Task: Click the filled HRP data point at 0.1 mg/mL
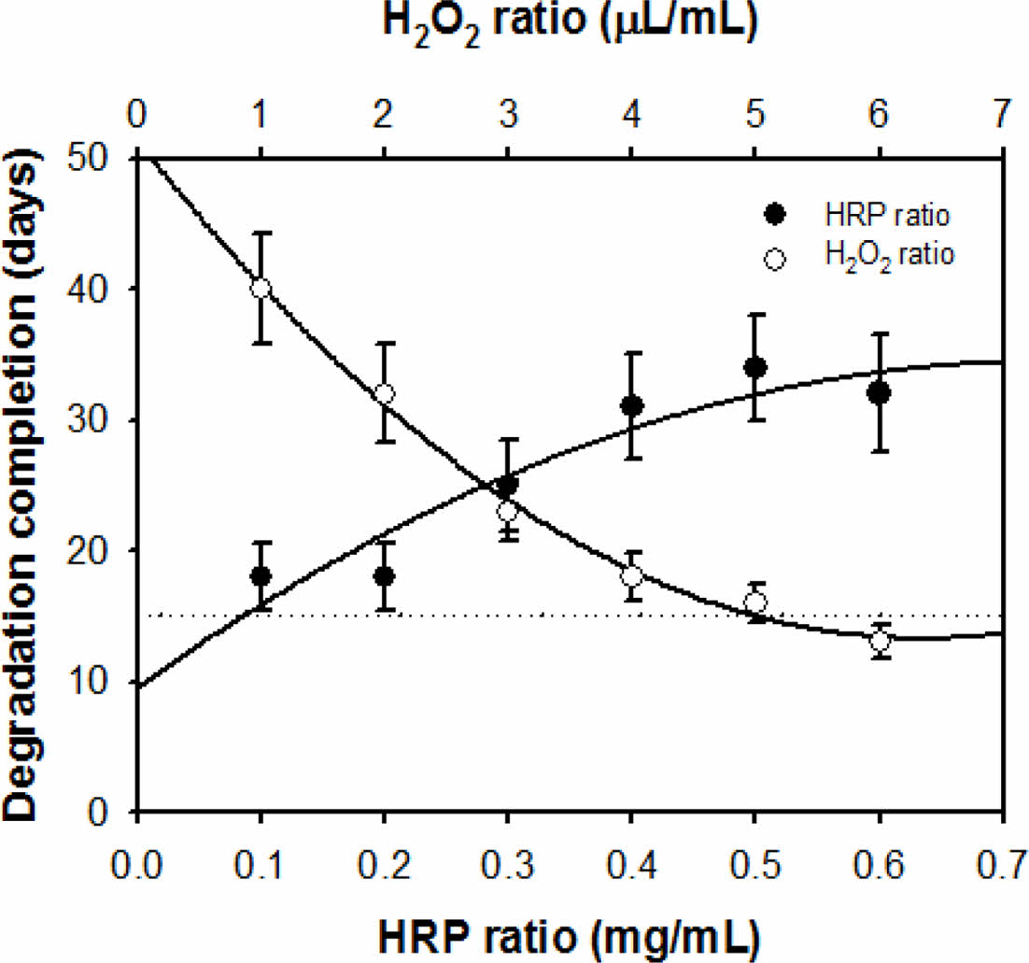(x=261, y=576)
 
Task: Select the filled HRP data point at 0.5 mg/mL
(x=755, y=367)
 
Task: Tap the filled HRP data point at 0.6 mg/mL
(x=879, y=393)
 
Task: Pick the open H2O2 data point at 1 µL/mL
(x=261, y=289)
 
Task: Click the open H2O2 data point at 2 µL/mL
(x=384, y=393)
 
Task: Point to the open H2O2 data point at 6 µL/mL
(x=879, y=641)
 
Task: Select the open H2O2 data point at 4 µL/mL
(x=631, y=576)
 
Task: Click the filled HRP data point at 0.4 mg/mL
(x=631, y=405)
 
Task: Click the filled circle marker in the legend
(x=773, y=215)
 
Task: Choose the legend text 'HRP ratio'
(x=886, y=216)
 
